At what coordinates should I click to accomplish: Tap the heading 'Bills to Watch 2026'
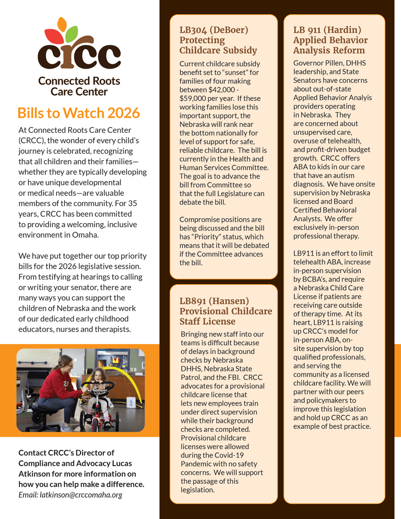click(x=78, y=113)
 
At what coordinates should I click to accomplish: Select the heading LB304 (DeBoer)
click(x=214, y=30)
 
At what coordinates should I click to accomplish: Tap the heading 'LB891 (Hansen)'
click(x=214, y=301)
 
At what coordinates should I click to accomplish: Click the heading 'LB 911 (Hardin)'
click(x=327, y=30)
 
